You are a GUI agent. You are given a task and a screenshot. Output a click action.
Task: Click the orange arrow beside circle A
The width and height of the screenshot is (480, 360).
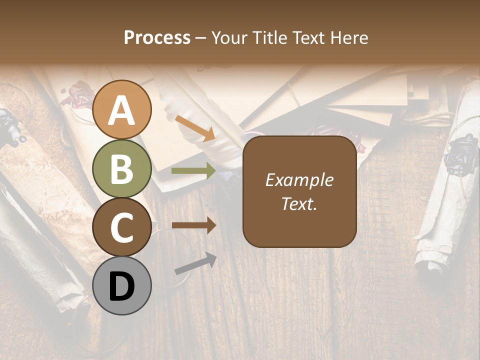[195, 128]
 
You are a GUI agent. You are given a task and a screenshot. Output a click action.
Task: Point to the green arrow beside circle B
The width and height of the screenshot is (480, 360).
[194, 171]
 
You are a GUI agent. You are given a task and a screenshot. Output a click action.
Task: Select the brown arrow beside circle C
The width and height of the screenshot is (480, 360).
[194, 225]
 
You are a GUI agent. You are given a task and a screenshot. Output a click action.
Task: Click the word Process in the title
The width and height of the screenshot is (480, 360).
[157, 38]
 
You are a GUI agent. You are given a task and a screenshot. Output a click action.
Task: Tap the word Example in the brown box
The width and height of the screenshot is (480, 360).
[299, 180]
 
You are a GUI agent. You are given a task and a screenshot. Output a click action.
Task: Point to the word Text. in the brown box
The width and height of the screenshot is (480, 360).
[299, 203]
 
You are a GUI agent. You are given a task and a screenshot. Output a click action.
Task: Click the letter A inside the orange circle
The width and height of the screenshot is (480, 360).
[122, 111]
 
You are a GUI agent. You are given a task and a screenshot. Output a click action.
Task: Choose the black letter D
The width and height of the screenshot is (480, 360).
[122, 286]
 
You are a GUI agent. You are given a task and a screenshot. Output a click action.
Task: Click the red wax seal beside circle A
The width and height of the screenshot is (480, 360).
[77, 95]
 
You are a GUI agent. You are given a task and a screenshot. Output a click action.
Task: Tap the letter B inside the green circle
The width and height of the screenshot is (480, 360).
[122, 169]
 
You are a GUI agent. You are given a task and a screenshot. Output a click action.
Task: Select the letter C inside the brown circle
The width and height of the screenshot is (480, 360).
[122, 228]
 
